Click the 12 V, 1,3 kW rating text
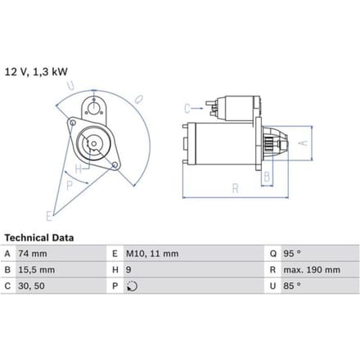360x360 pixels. [x=36, y=72]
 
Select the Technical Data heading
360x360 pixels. [x=39, y=238]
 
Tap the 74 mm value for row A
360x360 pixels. [x=33, y=254]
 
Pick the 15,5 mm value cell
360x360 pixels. [x=37, y=270]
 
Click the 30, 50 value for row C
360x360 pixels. [x=31, y=286]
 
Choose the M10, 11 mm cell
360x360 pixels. [x=152, y=254]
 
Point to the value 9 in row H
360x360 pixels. [x=128, y=270]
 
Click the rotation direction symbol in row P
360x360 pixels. [x=133, y=286]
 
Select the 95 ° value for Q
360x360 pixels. [x=292, y=254]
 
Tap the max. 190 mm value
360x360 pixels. [x=312, y=270]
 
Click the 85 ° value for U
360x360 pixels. [x=292, y=286]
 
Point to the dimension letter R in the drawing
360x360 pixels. [x=235, y=188]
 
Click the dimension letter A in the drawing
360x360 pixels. [x=304, y=143]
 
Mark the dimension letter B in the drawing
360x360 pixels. [x=267, y=177]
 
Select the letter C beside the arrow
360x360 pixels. [x=187, y=109]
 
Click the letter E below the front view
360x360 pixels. [x=49, y=216]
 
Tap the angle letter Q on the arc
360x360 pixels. [x=139, y=99]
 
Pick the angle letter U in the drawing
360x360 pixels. [x=70, y=86]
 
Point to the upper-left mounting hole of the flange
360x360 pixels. [x=73, y=123]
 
